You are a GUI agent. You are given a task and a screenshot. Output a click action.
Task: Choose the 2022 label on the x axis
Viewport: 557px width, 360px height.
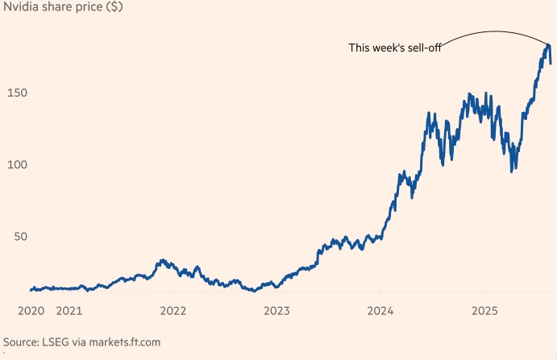click(173, 311)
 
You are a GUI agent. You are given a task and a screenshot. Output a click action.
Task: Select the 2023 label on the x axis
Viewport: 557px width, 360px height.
click(276, 311)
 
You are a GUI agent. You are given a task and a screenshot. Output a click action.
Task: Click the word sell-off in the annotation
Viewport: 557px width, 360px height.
click(424, 48)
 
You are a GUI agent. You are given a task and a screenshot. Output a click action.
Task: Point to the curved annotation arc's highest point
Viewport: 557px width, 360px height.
click(495, 31)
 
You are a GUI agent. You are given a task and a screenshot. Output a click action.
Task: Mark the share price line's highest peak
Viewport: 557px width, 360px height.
click(548, 45)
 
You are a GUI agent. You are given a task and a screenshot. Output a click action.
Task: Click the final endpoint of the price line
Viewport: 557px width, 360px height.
click(551, 63)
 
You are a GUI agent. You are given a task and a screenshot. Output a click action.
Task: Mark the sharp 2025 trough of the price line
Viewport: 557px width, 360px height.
click(512, 171)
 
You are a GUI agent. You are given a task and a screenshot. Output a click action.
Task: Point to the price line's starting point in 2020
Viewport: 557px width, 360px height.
click(31, 290)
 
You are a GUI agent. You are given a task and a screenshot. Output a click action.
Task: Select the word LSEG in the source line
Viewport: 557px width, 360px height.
click(58, 342)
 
